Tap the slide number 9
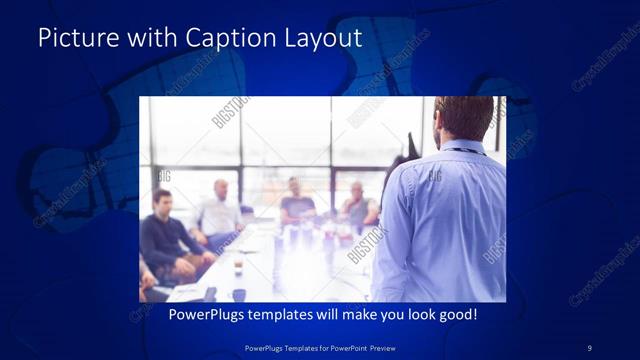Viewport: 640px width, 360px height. pos(590,347)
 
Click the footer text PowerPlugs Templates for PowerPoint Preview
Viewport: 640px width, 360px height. pos(319,347)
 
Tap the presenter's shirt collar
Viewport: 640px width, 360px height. pos(462,148)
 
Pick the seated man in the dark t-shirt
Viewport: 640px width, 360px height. pos(297,205)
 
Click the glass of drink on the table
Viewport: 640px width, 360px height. pos(238,267)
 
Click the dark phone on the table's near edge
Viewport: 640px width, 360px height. pos(210,293)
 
